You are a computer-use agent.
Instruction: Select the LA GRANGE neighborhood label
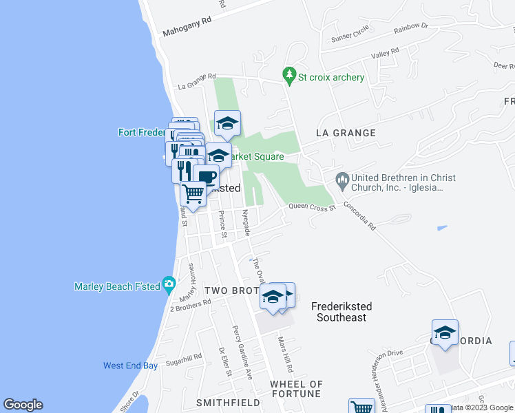346,133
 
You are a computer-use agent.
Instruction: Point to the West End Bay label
130,366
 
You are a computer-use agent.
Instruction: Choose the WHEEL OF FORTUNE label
296,389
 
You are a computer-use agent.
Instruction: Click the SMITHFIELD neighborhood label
219,402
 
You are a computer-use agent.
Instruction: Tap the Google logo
23,405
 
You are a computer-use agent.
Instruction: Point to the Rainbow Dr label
410,28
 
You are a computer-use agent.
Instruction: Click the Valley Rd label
385,53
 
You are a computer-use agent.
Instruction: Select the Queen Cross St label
311,206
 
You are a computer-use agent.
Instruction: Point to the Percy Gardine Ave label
242,351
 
